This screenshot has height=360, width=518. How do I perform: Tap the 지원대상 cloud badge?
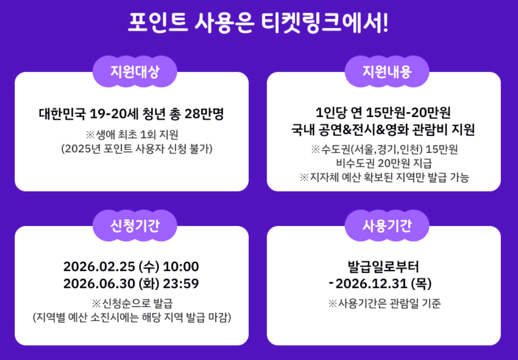[x=135, y=72]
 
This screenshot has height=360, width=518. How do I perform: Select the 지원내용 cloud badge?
[x=387, y=72]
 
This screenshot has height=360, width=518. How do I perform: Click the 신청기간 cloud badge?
[x=135, y=226]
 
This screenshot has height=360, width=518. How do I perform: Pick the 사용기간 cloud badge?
[x=387, y=226]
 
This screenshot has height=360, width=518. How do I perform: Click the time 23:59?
[x=180, y=284]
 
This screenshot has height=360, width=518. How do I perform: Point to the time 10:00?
[x=181, y=267]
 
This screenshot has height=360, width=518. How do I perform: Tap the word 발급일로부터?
[x=384, y=267]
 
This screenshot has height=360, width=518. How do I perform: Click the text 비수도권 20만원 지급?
[x=384, y=163]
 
